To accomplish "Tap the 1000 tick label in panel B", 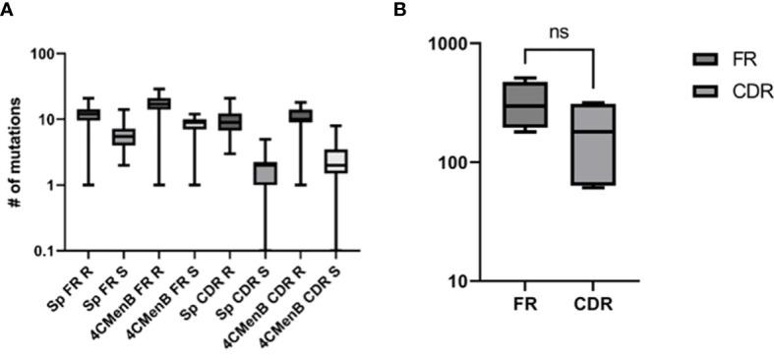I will [x=460, y=44].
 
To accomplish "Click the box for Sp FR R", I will [x=89, y=115].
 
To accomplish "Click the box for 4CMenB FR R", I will [x=158, y=103].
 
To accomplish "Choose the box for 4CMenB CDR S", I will [x=336, y=161].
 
